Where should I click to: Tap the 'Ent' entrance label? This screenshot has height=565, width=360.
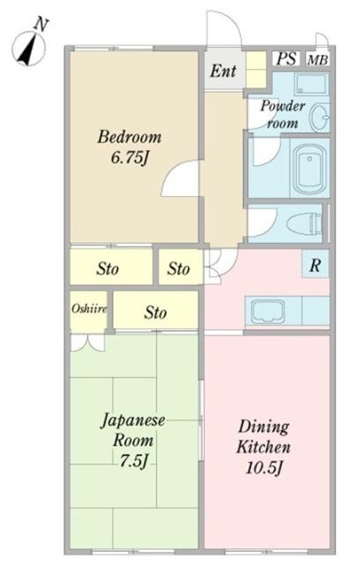tap(222, 72)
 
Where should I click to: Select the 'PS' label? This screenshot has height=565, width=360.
tap(285, 58)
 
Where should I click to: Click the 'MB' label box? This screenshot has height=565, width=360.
tap(315, 59)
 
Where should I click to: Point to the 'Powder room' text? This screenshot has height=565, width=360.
tap(281, 115)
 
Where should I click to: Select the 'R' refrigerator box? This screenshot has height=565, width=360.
tap(313, 266)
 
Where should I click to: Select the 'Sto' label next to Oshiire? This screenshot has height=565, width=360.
tap(156, 312)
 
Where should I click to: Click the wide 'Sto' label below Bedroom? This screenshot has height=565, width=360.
tap(109, 268)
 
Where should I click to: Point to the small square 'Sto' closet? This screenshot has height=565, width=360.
tap(179, 268)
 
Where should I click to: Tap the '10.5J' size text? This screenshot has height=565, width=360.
tap(265, 467)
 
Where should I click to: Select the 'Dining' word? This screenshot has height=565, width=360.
tap(264, 426)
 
